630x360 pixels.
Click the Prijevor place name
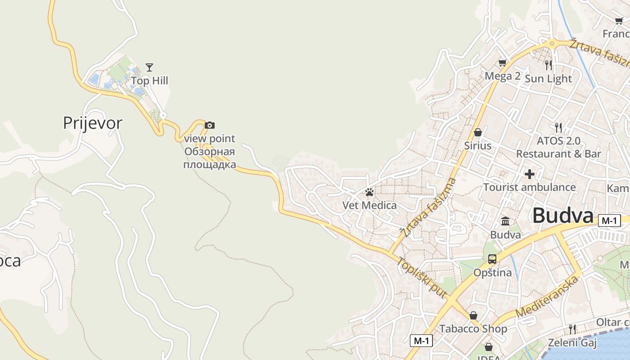pos(92,123)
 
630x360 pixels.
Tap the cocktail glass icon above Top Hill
pos(149,67)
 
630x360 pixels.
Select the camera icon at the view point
pos(210,125)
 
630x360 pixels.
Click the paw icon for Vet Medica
pos(369,193)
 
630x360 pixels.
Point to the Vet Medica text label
pos(369,206)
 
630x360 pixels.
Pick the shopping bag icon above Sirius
pos(478,132)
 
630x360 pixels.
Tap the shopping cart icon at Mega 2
pos(502,63)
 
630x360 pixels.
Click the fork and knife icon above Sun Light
pos(548,65)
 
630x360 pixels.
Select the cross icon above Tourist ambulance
pos(530,174)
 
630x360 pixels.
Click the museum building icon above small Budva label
pos(505,221)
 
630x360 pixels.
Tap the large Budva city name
pos(563,216)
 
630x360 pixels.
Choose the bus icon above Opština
pos(492,259)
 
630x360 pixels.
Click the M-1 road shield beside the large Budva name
pos(609,220)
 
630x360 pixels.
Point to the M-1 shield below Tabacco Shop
pos(421,341)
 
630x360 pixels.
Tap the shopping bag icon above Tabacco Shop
pos(473,315)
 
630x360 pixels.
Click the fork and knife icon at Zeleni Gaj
pos(572,329)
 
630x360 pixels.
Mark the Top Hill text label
pos(149,81)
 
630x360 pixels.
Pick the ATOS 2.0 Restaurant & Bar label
pos(558,147)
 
